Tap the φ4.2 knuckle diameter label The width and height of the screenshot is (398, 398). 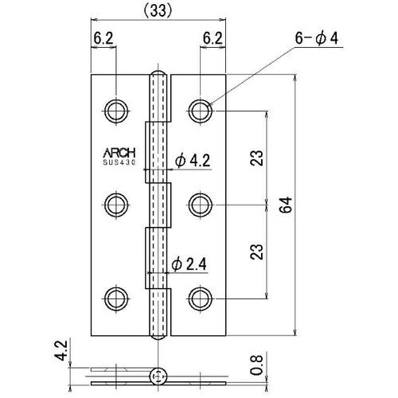tap(191, 162)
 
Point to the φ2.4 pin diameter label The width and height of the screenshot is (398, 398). tap(191, 264)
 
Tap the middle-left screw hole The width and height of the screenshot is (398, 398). tap(118, 203)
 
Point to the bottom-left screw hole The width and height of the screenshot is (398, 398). tap(118, 298)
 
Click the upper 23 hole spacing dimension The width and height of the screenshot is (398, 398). tap(256, 157)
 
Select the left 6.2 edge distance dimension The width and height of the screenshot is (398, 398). tap(105, 37)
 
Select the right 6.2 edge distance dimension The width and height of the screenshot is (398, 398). tap(212, 37)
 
